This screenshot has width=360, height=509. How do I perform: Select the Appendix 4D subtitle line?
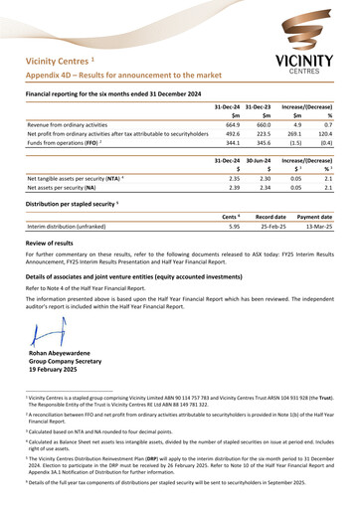point(129,75)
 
